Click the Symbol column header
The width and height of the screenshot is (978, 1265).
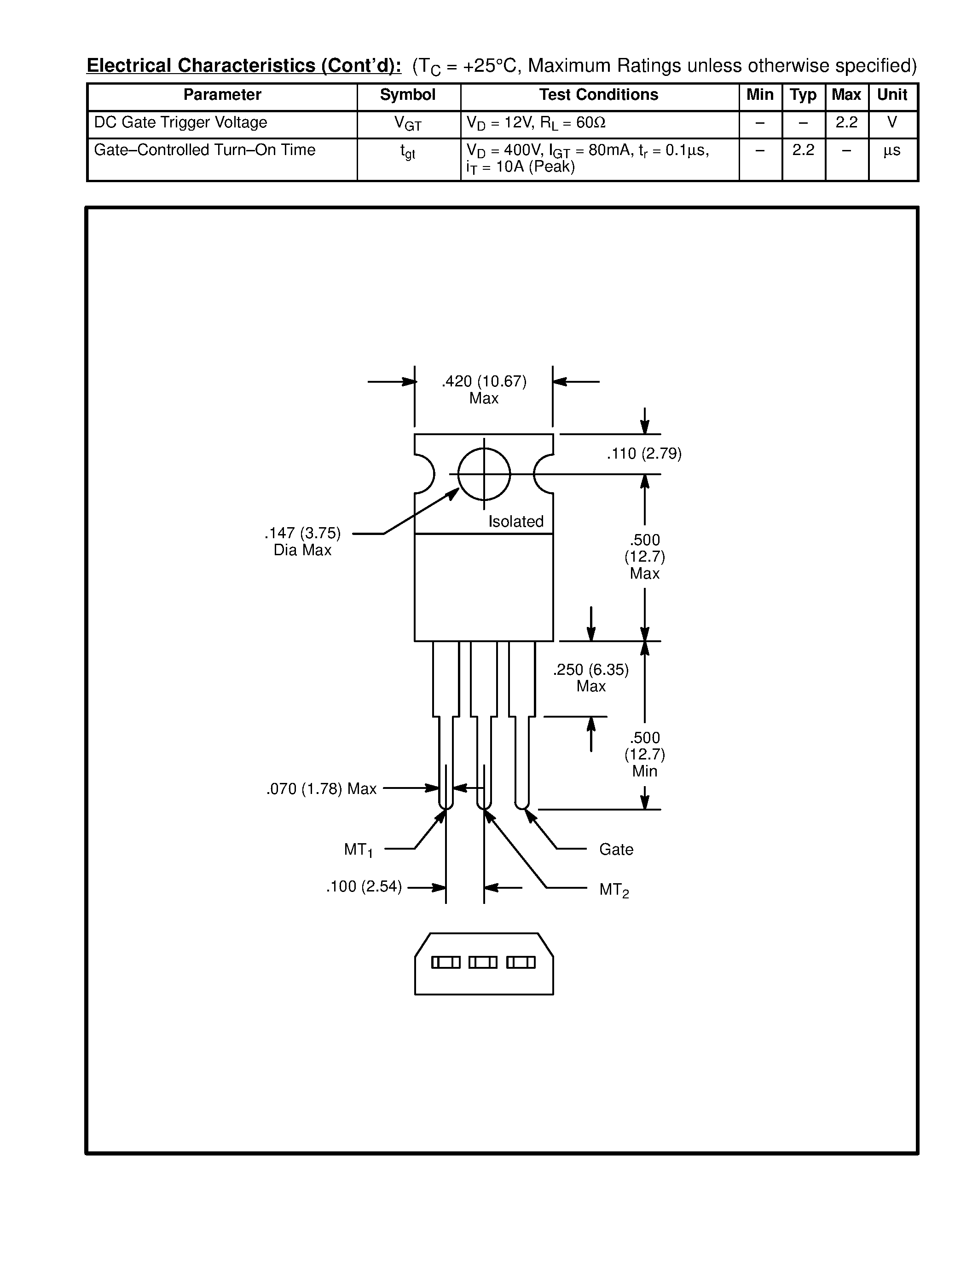[407, 95]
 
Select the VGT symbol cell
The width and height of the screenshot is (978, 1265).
[407, 123]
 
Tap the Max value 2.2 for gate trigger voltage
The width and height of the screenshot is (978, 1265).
[846, 122]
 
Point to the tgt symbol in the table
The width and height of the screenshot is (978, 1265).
[407, 152]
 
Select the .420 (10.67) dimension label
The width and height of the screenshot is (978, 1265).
[484, 382]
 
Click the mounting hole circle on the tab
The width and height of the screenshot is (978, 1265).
[484, 474]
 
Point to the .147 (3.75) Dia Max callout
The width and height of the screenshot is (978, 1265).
[302, 541]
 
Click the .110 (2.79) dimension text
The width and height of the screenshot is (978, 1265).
[644, 454]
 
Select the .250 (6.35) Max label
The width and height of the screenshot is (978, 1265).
[590, 678]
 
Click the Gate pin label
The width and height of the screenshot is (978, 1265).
[616, 850]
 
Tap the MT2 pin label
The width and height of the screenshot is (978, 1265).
[613, 890]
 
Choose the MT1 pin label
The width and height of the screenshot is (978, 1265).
[358, 850]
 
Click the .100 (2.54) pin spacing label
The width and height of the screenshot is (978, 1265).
[364, 887]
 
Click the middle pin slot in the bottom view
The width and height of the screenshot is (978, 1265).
[483, 963]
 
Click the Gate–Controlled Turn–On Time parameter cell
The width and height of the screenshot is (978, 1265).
[204, 150]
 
